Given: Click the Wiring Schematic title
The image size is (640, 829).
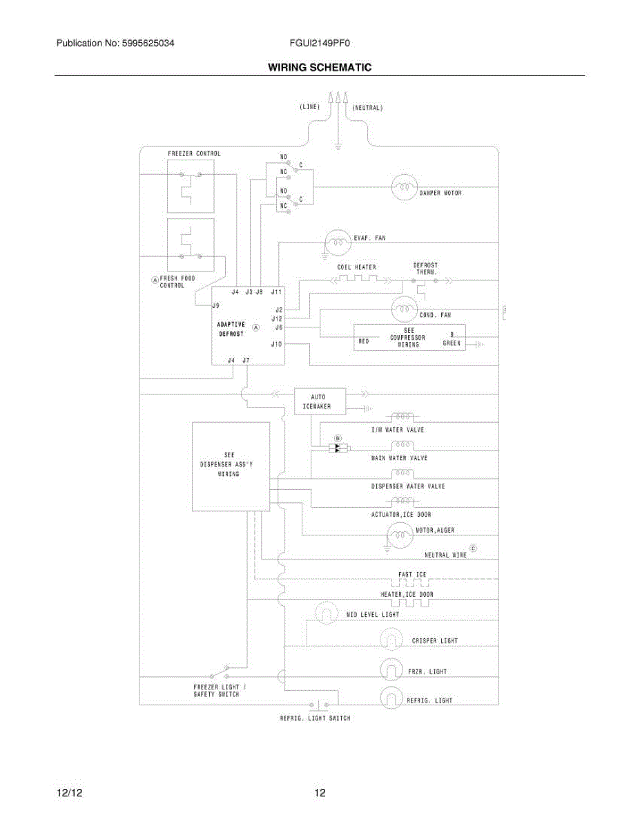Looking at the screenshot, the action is [x=320, y=68].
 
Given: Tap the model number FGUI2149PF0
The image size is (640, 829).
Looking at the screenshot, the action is [x=320, y=43].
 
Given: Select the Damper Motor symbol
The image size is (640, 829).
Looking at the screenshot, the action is [x=405, y=187].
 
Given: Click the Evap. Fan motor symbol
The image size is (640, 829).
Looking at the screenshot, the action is [x=338, y=242].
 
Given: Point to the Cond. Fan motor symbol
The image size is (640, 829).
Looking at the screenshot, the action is [x=405, y=309].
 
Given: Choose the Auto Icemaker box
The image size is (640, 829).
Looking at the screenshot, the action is [x=320, y=401].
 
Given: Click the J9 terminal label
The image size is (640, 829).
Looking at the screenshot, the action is [x=215, y=305].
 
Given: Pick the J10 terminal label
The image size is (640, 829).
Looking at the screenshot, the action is [x=276, y=344].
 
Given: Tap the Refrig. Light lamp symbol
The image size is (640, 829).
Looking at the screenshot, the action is [x=391, y=698].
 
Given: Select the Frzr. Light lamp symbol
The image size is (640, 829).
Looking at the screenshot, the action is [x=391, y=669].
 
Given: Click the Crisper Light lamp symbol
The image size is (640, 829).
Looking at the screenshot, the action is [x=391, y=638].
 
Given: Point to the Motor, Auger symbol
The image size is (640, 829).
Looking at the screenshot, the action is [x=400, y=535].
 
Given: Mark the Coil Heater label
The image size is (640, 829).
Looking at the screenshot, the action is [x=356, y=267].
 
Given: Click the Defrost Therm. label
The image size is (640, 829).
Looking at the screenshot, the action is [x=426, y=269].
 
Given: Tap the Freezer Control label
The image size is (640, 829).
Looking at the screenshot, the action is [x=195, y=153].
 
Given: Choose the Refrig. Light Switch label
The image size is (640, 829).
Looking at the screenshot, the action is [x=315, y=718].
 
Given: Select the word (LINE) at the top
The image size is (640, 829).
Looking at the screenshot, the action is [x=309, y=106].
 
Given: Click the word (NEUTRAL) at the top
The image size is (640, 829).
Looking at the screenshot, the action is [x=367, y=108].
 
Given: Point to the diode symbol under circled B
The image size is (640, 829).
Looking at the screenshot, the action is [x=338, y=448].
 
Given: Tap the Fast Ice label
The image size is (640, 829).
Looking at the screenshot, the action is [x=412, y=574].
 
